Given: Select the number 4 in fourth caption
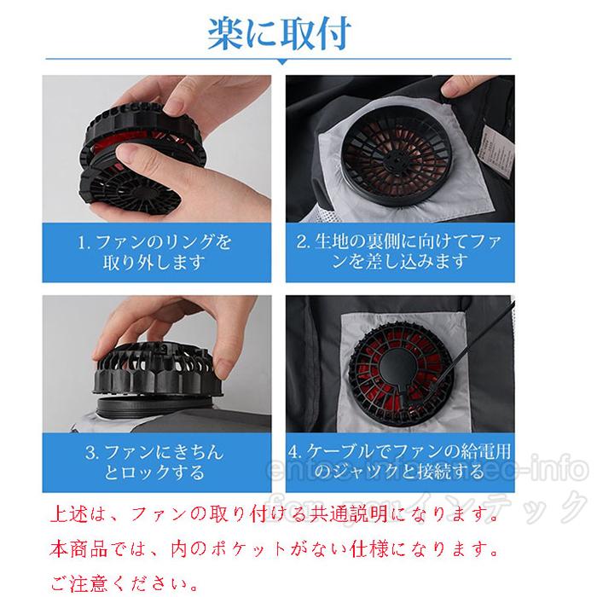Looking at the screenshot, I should tap(295, 453).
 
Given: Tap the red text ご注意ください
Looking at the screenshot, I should tap(128, 584).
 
